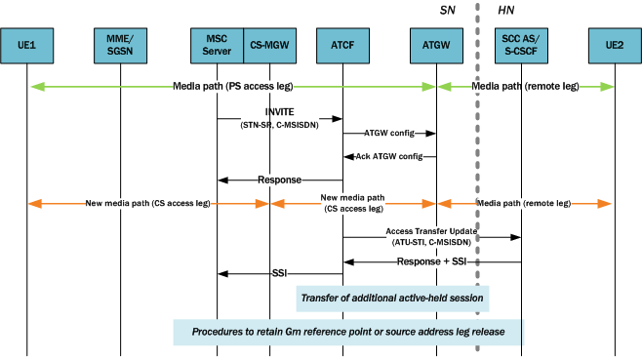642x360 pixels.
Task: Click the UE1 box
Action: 26,44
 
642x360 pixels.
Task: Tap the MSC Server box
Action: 216,44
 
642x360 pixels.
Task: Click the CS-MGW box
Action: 268,44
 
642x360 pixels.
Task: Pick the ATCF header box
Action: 342,44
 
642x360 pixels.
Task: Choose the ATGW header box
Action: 435,44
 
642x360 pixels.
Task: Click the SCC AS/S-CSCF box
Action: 521,44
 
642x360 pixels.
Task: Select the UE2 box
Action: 614,44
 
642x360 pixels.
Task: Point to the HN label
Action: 506,10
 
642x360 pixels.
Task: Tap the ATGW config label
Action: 388,132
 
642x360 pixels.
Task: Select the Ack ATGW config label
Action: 388,156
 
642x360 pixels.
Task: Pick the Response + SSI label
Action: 430,261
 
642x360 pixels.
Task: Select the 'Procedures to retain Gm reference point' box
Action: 348,332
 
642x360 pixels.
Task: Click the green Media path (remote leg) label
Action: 524,87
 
